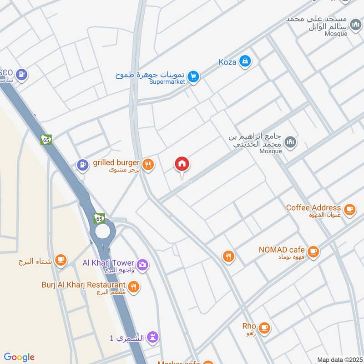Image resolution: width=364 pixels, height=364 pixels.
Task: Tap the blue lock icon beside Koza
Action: [245, 61]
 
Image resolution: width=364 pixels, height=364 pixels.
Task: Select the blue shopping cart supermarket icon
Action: [194, 76]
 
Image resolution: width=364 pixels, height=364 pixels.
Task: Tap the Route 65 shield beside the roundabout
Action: [100, 218]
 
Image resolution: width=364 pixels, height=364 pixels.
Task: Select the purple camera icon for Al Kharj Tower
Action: [142, 264]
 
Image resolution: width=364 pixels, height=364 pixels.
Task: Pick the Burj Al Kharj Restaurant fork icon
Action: [133, 287]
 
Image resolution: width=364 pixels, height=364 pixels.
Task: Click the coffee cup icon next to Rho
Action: [264, 327]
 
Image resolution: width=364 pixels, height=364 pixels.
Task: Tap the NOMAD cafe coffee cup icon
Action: [313, 251]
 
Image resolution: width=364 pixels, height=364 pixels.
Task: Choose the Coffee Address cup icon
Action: [349, 209]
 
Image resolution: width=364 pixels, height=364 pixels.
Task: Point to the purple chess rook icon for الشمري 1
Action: [153, 338]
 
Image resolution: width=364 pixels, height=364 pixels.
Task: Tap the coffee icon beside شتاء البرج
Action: [60, 260]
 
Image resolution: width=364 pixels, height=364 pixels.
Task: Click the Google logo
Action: [19, 357]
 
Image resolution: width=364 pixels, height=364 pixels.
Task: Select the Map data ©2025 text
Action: [339, 359]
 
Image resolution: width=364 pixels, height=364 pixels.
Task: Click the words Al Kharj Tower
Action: [108, 263]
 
